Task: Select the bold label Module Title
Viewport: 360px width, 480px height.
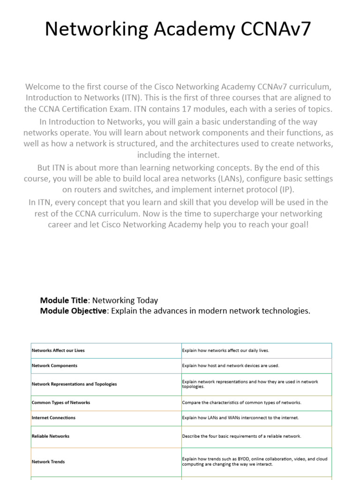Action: point(64,300)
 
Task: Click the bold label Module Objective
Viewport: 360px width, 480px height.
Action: point(73,311)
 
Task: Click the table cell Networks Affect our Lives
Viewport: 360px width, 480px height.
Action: point(58,350)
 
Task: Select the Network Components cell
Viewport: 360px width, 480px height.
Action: point(54,366)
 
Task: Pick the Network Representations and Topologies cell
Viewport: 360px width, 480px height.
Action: point(74,384)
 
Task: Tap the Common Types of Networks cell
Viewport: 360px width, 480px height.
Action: point(61,403)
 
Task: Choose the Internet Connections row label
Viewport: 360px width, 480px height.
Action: point(53,418)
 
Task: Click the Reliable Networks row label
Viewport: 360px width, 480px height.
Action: point(50,436)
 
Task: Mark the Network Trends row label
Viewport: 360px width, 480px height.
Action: point(48,462)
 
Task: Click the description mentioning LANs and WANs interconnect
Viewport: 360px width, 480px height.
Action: point(240,418)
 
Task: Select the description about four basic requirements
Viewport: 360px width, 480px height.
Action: point(241,436)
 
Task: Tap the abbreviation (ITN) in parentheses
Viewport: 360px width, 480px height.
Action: point(120,97)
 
